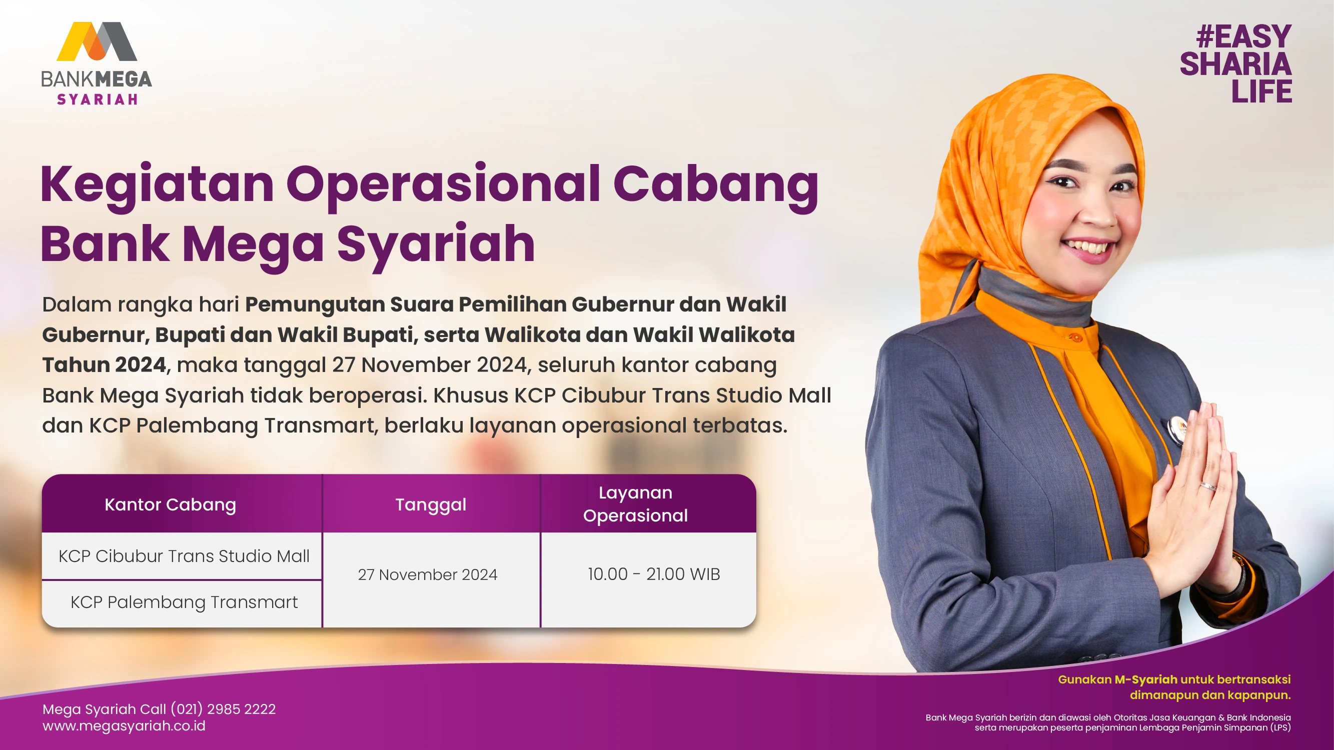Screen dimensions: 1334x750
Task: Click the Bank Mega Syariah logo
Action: [97, 63]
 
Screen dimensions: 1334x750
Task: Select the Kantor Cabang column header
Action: [171, 504]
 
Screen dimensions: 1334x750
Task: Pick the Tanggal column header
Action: [431, 504]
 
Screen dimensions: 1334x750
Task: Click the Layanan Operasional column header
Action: [635, 503]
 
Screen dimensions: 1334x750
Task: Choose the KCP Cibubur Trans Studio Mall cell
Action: [184, 556]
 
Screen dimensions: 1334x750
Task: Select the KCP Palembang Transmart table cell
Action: [184, 602]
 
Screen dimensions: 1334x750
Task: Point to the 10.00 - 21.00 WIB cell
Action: [654, 574]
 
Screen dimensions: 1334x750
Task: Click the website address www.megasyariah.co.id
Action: [124, 726]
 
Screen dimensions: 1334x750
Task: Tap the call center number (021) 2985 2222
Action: [223, 709]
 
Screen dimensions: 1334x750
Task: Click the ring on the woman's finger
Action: [1207, 486]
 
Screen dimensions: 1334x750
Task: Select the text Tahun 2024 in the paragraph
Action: [104, 365]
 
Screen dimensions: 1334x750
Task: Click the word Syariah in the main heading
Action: [436, 244]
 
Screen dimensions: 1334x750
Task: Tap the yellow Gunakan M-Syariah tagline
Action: [1174, 687]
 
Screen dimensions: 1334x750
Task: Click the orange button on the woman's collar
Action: [1073, 337]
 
